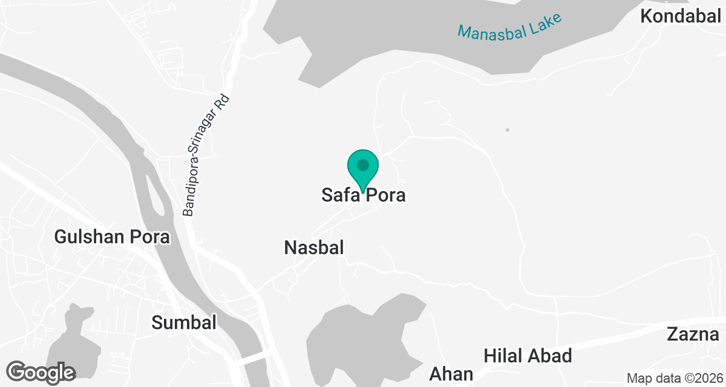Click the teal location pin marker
point(363,167)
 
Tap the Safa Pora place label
point(362,196)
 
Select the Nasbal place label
point(314,247)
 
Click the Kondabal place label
point(680,16)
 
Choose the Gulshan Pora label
point(112,237)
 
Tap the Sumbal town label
point(184,323)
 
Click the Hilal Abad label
point(528,356)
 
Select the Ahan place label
point(451,374)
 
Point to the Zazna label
point(693,334)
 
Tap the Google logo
point(42,372)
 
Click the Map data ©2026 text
point(673,379)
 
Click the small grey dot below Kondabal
point(508,130)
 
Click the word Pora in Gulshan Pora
point(150,237)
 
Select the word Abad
point(551,356)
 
